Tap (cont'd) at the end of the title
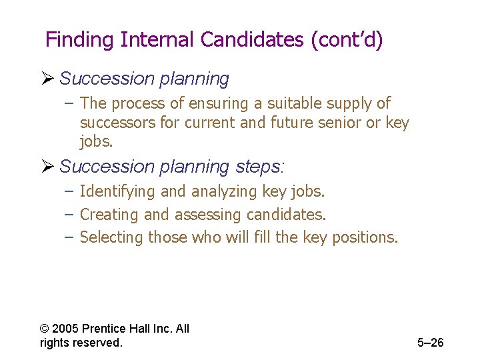click(347, 40)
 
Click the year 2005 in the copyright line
click(65, 329)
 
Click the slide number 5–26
click(430, 343)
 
